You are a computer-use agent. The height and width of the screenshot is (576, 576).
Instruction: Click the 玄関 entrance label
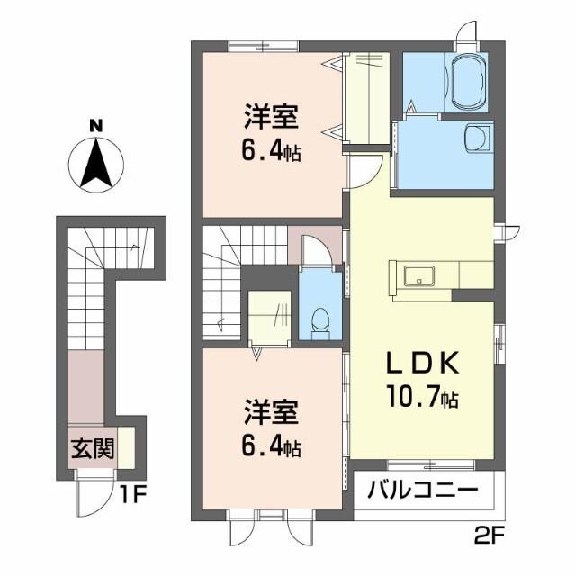pyautogui.click(x=93, y=448)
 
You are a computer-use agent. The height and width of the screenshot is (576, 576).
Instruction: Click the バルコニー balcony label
pyautogui.click(x=423, y=491)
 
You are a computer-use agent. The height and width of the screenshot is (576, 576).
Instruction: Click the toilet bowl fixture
pyautogui.click(x=319, y=319)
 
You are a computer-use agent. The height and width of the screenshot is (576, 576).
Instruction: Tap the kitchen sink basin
pyautogui.click(x=419, y=274)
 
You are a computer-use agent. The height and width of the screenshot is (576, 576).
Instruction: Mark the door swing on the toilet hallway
pyautogui.click(x=314, y=247)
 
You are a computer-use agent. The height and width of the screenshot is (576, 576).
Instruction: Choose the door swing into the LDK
pyautogui.click(x=364, y=171)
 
